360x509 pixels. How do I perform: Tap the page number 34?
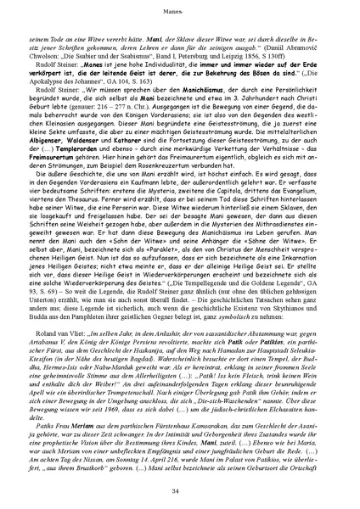179,491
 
